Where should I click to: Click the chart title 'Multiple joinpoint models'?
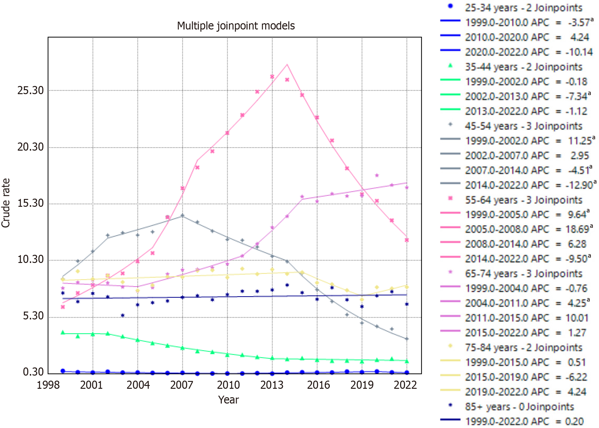236,26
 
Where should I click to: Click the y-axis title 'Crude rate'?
6,203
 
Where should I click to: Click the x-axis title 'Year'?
228,400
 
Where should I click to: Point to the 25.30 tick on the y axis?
30,90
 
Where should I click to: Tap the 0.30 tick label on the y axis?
33,372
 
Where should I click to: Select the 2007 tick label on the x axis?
181,385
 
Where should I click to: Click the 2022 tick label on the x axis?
405,385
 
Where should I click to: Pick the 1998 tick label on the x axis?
48,385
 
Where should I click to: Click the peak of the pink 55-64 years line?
287,65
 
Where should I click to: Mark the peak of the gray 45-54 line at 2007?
182,216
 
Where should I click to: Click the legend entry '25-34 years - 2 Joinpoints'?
523,8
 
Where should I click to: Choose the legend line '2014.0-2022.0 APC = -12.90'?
531,185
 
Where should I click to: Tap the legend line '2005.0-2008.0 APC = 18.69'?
529,229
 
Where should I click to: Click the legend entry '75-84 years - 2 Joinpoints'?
523,348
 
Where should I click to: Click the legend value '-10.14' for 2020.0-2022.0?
579,52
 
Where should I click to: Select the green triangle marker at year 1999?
63,333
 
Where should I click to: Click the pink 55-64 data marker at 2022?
407,240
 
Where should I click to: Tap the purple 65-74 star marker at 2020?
377,175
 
